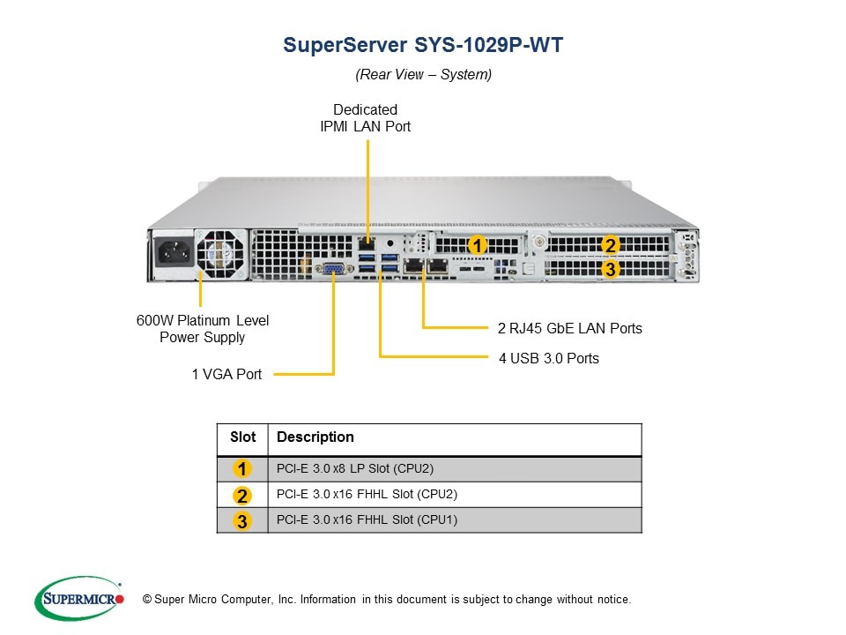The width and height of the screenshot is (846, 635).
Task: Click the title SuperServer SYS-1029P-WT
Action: pos(423,45)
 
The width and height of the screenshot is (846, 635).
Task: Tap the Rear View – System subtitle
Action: pos(423,74)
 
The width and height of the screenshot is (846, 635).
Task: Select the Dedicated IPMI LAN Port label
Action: pos(365,118)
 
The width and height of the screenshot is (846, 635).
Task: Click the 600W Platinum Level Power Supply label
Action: pos(203,328)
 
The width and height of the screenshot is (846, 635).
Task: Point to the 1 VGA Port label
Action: pos(226,374)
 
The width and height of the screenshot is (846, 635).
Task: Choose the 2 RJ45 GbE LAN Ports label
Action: pos(569,328)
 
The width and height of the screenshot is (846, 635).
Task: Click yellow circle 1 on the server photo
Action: pos(477,244)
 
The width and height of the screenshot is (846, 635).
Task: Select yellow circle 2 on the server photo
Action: pos(609,246)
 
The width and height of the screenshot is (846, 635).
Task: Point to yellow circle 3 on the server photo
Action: pos(609,269)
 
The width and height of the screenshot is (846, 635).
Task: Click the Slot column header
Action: pos(242,437)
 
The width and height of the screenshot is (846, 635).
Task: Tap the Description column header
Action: pos(315,437)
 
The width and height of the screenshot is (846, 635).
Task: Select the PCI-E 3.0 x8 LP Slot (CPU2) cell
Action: pos(355,468)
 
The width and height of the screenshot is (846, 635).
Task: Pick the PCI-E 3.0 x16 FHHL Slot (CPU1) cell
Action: pos(367,519)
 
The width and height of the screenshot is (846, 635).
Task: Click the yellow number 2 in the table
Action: pos(242,495)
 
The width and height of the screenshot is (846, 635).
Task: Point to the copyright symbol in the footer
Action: pos(147,600)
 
